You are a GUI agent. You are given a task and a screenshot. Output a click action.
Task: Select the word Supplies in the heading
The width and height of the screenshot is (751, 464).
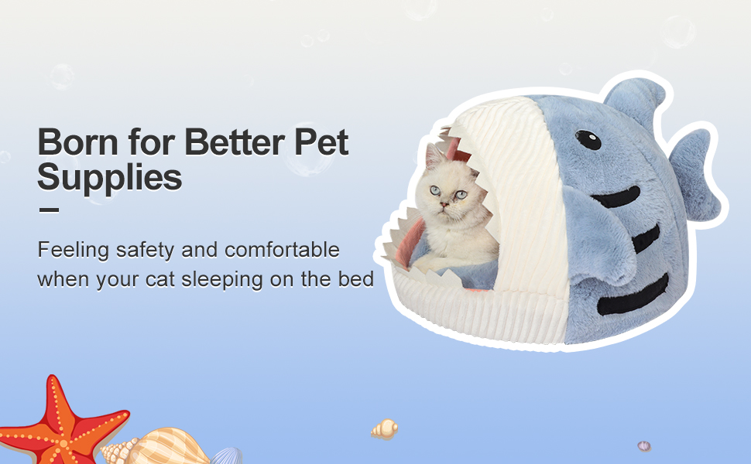109,177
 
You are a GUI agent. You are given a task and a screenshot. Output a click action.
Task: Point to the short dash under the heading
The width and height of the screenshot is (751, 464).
48,210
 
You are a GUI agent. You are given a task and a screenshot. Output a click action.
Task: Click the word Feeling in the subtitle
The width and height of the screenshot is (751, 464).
72,251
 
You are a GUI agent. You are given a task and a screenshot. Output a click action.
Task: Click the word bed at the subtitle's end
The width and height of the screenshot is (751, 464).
357,278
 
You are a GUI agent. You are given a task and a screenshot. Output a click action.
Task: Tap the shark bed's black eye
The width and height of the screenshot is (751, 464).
588,140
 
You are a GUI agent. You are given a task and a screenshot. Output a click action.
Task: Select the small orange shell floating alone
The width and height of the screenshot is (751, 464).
385,428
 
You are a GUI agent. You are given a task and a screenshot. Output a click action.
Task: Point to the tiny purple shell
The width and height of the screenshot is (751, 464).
644,446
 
